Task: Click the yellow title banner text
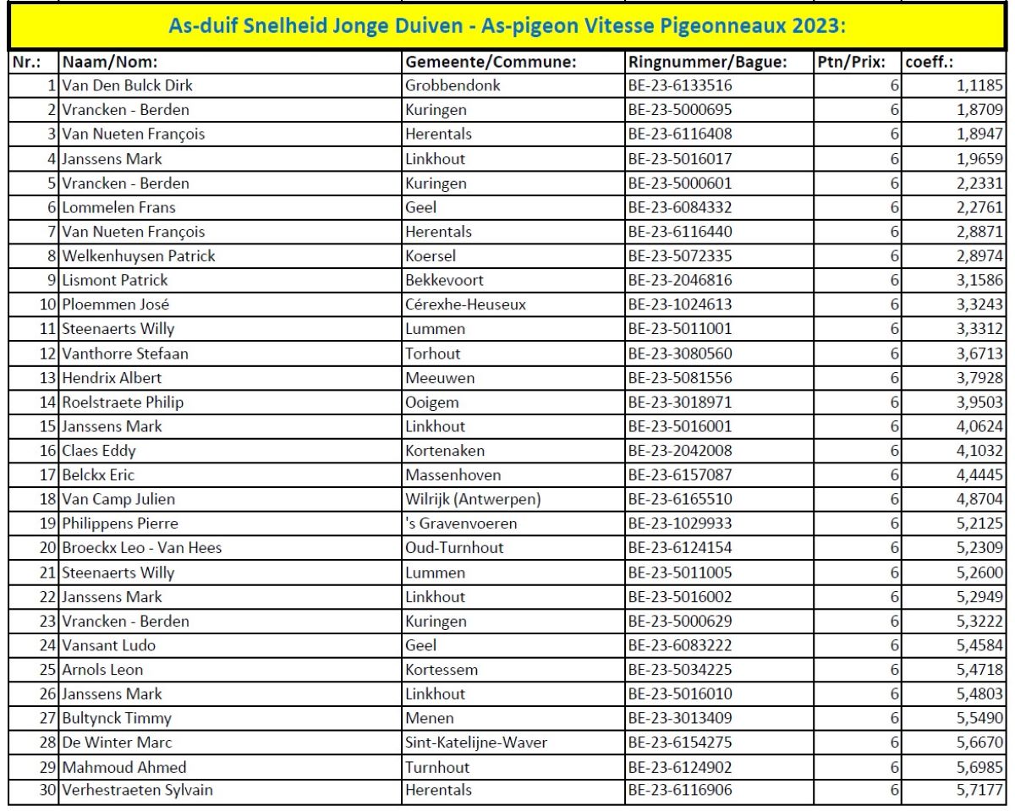pos(507,25)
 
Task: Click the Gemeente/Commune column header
pos(491,62)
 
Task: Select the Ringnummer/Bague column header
pos(707,62)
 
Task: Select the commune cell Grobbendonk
pos(453,85)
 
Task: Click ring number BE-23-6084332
pos(679,207)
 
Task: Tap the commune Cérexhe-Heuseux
pos(465,304)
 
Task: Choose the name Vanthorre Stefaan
pos(125,353)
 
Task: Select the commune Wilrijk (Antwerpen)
pos(473,500)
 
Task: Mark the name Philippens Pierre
pos(120,523)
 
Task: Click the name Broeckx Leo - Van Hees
pos(141,548)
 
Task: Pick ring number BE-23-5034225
pos(679,670)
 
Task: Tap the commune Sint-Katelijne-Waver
pos(476,743)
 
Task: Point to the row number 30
pos(47,791)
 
